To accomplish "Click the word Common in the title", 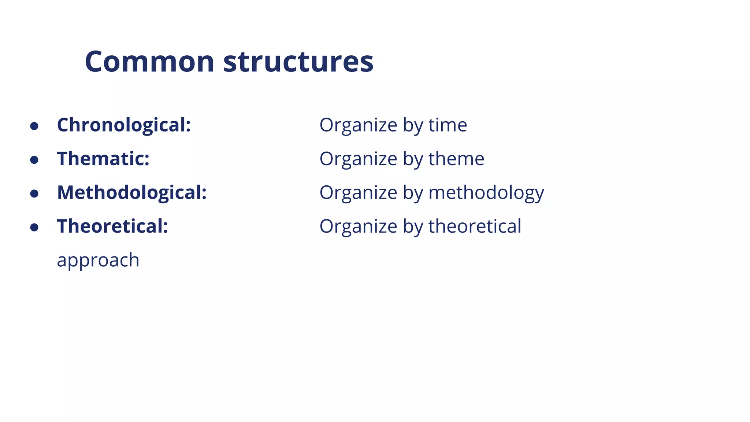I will (x=149, y=62).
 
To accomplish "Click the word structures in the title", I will (x=298, y=62).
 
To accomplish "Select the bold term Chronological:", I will (x=124, y=125).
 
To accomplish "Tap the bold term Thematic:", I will (x=103, y=159).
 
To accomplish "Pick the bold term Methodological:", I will (x=132, y=193).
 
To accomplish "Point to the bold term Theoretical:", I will (x=112, y=226).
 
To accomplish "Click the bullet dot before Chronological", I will (x=34, y=126).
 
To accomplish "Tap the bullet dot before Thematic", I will (x=34, y=160).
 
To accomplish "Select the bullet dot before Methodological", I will (x=34, y=194).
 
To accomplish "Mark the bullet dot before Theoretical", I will (x=34, y=227).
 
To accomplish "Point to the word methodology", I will (x=486, y=193).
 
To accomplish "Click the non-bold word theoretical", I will (x=475, y=226).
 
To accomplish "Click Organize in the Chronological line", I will (x=358, y=125).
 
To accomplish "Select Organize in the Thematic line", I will (x=358, y=159).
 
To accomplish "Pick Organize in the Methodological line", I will (x=358, y=193).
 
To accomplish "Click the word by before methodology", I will (x=413, y=193).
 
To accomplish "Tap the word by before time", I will (x=413, y=125).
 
